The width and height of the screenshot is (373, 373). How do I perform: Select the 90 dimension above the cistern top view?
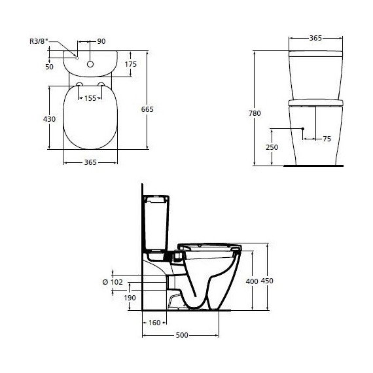coord(101,42)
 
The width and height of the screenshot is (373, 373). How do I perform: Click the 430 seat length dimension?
coord(49,119)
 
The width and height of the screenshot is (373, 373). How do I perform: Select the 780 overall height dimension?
coord(255,113)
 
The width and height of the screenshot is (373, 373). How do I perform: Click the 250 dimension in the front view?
coord(272,147)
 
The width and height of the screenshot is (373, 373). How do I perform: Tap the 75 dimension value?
coord(327,139)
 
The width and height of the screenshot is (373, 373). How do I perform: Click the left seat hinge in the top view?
coord(79,86)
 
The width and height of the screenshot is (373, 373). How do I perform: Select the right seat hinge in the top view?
coord(102,86)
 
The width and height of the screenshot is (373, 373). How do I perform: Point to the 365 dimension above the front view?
coord(315,39)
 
